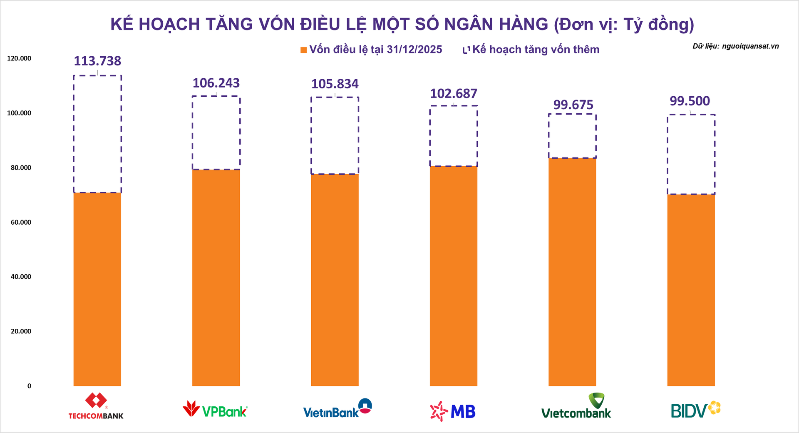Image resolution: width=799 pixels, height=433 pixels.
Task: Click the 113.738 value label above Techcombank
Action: pyautogui.click(x=97, y=61)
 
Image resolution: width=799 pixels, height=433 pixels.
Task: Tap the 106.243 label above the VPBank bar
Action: pyautogui.click(x=216, y=83)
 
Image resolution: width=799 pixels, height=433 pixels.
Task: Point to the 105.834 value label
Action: pyautogui.click(x=335, y=84)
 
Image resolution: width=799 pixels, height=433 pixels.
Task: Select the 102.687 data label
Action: pyautogui.click(x=453, y=94)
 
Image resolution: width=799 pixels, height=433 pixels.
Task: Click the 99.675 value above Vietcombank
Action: pyautogui.click(x=573, y=105)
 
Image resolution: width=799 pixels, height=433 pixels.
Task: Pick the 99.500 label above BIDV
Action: pyautogui.click(x=690, y=101)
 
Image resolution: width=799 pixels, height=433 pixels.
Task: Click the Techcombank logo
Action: pyautogui.click(x=96, y=406)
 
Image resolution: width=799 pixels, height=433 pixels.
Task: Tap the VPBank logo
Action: pyautogui.click(x=215, y=409)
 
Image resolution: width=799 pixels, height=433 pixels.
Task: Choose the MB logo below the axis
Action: pyautogui.click(x=453, y=411)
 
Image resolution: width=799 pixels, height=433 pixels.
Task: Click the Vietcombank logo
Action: pyautogui.click(x=576, y=406)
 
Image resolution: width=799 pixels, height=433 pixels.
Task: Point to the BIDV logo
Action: pyautogui.click(x=695, y=410)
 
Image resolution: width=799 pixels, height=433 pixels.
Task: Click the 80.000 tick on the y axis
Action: pyautogui.click(x=21, y=168)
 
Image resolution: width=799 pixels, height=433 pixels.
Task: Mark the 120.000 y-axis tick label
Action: pyautogui.click(x=19, y=58)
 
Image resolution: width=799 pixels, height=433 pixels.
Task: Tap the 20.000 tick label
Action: pyautogui.click(x=21, y=331)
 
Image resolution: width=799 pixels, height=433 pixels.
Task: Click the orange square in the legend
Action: pyautogui.click(x=304, y=50)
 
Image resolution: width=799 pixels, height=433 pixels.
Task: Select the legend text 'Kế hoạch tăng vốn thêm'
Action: pyautogui.click(x=536, y=50)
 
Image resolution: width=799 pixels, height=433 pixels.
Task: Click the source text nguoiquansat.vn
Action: pyautogui.click(x=750, y=46)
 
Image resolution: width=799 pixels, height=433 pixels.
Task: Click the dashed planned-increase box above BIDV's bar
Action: pyautogui.click(x=691, y=154)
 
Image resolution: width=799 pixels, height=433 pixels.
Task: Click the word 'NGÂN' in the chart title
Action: pyautogui.click(x=469, y=24)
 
